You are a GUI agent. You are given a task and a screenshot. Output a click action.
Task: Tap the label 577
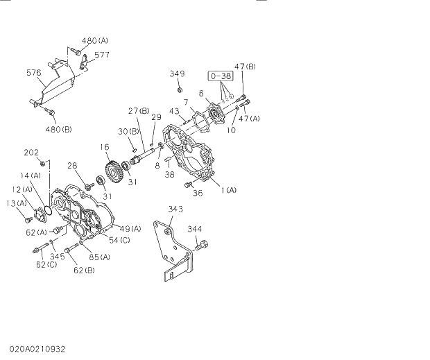102,55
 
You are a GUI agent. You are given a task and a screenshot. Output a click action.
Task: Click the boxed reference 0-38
220,76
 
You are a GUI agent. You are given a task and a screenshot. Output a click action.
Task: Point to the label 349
178,74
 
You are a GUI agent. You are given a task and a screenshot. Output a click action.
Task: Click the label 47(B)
245,67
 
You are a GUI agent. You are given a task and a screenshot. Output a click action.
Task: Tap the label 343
175,209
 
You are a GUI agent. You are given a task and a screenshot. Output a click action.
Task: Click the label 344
195,228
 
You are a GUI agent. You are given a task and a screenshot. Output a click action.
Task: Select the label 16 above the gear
104,147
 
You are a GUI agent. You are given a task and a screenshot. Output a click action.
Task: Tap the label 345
58,256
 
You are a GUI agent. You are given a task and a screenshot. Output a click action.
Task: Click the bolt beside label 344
203,244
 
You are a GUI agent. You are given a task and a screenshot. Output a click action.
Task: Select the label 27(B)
139,111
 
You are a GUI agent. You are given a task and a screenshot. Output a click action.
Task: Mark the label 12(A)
21,189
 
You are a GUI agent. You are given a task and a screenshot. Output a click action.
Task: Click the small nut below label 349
179,89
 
